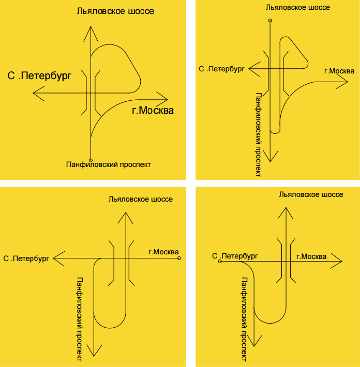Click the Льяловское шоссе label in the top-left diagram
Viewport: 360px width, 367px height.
click(x=115, y=11)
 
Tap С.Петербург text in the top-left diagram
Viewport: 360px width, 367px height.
click(x=39, y=75)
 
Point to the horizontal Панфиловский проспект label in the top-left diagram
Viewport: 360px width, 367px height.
click(x=109, y=164)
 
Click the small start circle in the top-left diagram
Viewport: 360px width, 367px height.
click(x=91, y=160)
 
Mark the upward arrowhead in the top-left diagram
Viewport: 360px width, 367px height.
click(x=91, y=33)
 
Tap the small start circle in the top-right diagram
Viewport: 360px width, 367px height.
click(x=270, y=21)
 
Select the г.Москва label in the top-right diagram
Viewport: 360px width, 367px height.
click(x=339, y=71)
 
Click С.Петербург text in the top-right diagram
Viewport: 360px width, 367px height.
click(x=221, y=68)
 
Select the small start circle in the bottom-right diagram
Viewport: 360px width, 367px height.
click(x=220, y=262)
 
